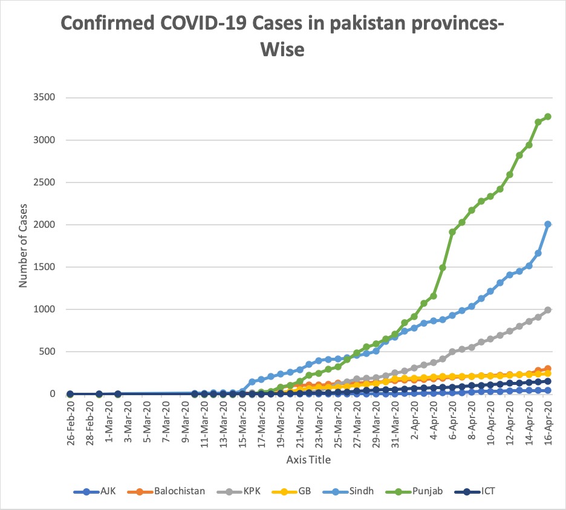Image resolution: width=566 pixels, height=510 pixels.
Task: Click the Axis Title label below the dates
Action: tap(308, 460)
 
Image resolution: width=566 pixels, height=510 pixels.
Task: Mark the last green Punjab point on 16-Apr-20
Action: tap(548, 117)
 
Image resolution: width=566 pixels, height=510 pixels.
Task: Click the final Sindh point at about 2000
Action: tap(548, 224)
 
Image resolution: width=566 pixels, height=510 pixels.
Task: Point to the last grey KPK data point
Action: tap(548, 310)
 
